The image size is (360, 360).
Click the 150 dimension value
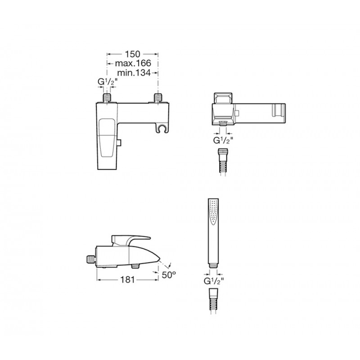pos(132,54)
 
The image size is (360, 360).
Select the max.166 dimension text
pos(133,63)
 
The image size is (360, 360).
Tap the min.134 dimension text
pos(134,73)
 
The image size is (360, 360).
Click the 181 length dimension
pos(128,279)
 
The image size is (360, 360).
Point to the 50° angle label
pos(169,274)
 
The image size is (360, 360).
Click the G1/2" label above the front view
pos(108,82)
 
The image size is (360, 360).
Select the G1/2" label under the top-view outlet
pos(223,140)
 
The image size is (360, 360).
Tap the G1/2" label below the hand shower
pos(214,281)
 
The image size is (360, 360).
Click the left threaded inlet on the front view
pos(107,98)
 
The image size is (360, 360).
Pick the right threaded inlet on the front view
pos(158,98)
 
